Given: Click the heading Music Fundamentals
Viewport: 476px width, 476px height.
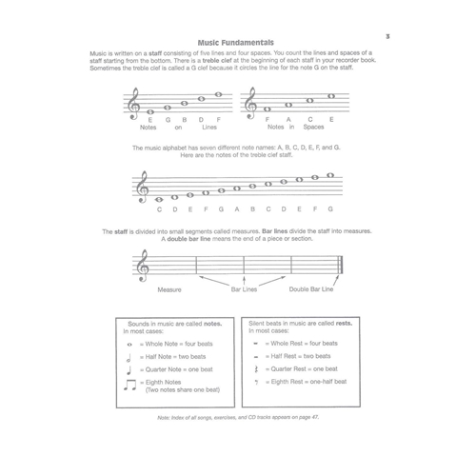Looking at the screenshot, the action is [237, 42].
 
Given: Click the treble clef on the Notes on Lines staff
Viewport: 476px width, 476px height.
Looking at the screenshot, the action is [135, 102].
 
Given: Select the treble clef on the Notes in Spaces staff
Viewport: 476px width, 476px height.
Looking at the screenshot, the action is [250, 102].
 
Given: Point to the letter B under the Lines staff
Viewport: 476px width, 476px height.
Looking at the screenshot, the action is [185, 119].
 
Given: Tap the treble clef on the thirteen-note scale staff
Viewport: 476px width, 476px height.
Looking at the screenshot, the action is [145, 188].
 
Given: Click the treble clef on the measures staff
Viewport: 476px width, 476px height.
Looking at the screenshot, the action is [145, 263].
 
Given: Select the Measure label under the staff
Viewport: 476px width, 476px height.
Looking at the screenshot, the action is [169, 288].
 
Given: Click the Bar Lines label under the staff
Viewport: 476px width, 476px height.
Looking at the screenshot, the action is [243, 288].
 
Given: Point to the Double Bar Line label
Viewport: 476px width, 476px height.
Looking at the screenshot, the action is [310, 288].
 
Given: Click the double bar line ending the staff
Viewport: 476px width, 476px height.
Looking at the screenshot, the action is [340, 265].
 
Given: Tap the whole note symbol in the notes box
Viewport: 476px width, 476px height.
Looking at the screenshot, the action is [129, 343].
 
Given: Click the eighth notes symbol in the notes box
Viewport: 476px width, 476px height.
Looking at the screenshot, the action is [129, 384].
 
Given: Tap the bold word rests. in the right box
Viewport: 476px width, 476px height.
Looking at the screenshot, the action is [343, 324].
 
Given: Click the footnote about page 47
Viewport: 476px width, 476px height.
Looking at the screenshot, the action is [237, 418].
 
